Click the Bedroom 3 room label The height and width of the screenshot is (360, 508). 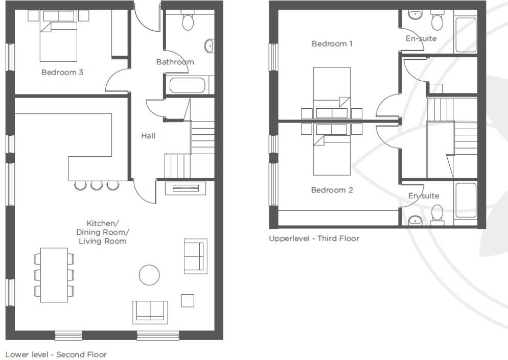click(x=62, y=73)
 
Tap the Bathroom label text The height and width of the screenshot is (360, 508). click(x=175, y=62)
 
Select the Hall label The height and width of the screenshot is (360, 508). click(x=148, y=136)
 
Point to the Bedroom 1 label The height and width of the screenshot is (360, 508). click(x=332, y=44)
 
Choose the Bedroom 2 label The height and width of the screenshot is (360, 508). click(x=332, y=190)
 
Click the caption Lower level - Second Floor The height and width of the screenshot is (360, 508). click(x=56, y=354)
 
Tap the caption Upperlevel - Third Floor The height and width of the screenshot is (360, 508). click(x=314, y=238)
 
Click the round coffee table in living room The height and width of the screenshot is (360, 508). click(x=149, y=275)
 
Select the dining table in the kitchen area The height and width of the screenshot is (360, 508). click(x=54, y=275)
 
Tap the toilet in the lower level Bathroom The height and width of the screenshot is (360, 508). click(x=188, y=22)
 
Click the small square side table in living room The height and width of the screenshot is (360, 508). click(x=188, y=300)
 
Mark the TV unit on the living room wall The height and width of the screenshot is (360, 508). click(x=186, y=188)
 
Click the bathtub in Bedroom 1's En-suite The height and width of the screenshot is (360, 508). click(x=466, y=34)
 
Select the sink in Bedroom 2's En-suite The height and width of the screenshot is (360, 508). click(x=415, y=221)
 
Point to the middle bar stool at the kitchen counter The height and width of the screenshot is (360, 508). click(x=97, y=185)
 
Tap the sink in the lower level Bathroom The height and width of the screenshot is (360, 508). click(x=209, y=46)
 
